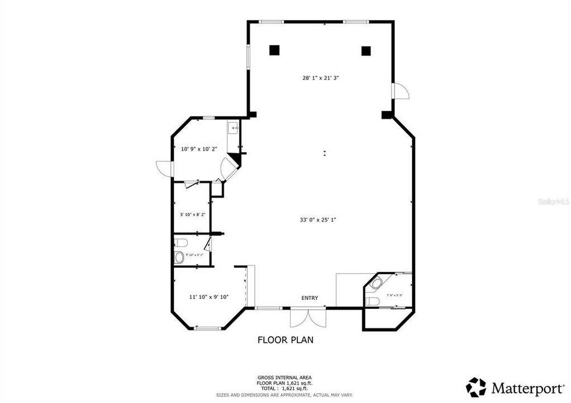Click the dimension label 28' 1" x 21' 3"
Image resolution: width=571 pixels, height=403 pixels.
(321, 78)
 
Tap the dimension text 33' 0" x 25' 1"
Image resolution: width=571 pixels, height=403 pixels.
(317, 220)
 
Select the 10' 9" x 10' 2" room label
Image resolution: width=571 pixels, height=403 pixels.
(199, 149)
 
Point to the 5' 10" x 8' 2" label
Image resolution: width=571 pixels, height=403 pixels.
(193, 214)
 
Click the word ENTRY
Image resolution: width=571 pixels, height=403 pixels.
(310, 298)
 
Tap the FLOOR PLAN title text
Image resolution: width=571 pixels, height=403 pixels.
(285, 339)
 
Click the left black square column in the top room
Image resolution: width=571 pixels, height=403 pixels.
(274, 50)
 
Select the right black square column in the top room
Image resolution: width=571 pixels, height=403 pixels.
(366, 51)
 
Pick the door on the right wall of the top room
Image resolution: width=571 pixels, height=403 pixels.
(401, 91)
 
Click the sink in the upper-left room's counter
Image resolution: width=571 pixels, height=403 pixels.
(235, 129)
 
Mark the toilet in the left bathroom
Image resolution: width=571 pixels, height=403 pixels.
(180, 242)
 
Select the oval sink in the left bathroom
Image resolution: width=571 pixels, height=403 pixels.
(180, 257)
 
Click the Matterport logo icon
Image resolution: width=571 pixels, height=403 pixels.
(476, 387)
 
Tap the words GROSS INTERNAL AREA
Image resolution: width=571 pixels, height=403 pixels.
(285, 378)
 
